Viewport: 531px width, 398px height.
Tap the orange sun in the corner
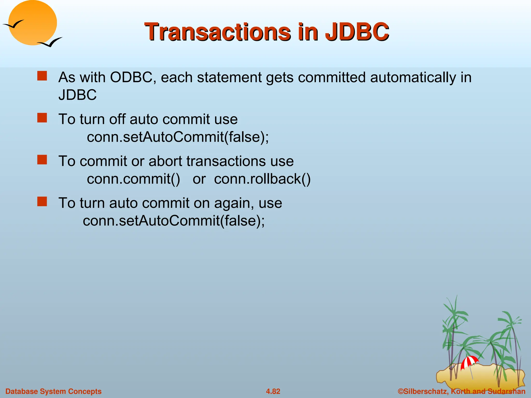(33, 23)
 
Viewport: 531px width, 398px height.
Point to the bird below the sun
(50, 42)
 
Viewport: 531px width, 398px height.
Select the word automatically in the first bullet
(413, 77)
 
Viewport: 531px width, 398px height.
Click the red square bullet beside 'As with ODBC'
(42, 76)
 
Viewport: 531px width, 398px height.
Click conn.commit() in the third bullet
(133, 179)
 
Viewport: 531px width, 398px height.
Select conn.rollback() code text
(262, 179)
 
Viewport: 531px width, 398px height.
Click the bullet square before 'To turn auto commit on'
(42, 201)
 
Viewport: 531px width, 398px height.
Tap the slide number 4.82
(273, 391)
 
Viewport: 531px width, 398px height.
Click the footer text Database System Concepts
(53, 391)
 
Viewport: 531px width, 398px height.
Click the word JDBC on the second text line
(77, 95)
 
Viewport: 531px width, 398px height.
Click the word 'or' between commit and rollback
(199, 179)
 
